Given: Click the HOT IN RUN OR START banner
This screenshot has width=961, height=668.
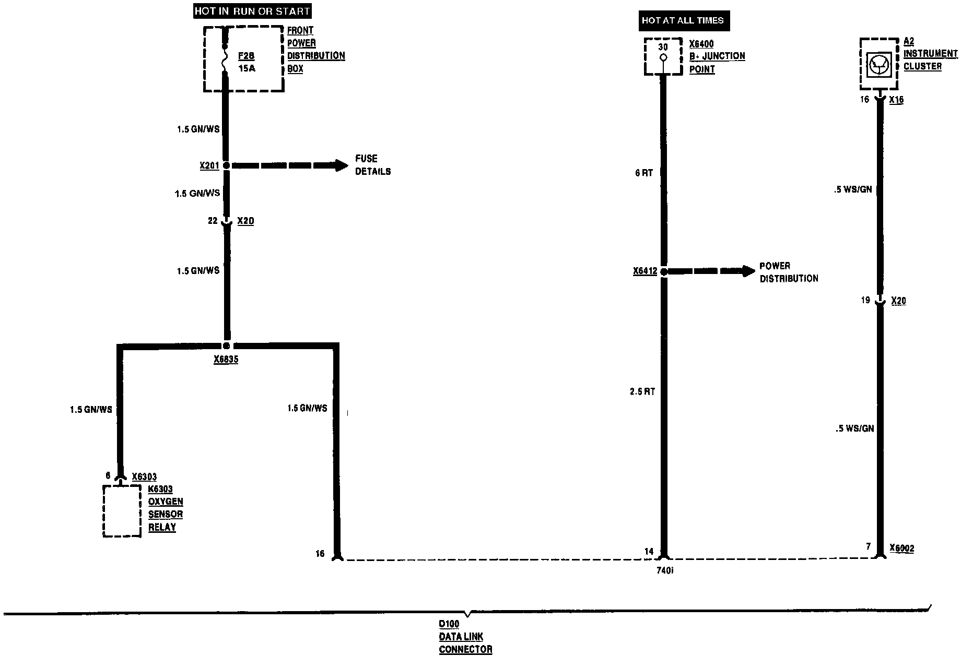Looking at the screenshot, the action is click(x=252, y=11).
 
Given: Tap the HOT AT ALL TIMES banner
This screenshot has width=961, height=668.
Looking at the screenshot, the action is click(x=683, y=20).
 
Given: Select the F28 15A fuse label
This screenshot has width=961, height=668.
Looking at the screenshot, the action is click(x=247, y=62).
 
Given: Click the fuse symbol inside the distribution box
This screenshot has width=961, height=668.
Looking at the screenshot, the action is click(x=226, y=58).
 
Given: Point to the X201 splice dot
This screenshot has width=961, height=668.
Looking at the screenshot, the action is click(x=226, y=165).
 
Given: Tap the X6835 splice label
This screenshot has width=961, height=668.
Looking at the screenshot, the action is click(x=226, y=360).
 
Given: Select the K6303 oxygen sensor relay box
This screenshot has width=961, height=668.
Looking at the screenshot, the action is click(x=122, y=510).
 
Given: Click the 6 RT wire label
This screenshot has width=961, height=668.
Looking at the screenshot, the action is click(x=644, y=173).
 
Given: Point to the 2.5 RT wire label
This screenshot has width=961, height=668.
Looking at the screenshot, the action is click(x=642, y=391).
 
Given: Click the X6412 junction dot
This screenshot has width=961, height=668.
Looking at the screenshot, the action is click(x=663, y=271).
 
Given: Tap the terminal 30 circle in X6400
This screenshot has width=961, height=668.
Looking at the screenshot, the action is click(x=663, y=58).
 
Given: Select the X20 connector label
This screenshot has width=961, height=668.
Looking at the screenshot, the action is click(x=898, y=301).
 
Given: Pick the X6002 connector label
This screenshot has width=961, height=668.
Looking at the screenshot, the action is click(x=902, y=548).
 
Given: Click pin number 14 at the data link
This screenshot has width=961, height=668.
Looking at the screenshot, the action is click(x=649, y=551).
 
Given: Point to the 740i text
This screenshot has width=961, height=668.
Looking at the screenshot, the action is click(x=665, y=570).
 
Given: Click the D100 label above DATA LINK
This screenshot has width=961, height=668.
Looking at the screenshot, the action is click(x=449, y=624).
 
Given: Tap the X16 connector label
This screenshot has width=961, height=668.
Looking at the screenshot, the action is click(x=896, y=100).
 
